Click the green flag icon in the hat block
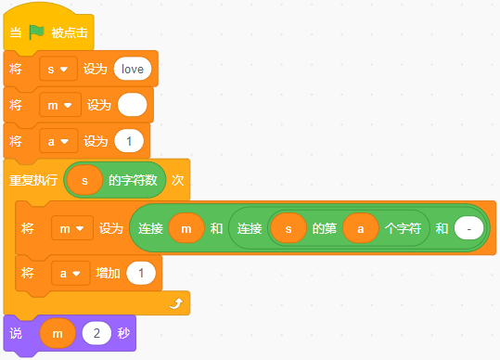(x=36, y=32)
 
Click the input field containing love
(x=133, y=69)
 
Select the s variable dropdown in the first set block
(x=58, y=69)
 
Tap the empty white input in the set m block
(x=133, y=105)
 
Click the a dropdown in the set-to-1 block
(x=58, y=141)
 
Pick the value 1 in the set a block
(x=129, y=141)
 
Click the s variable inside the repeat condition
(x=84, y=181)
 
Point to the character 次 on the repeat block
(x=177, y=181)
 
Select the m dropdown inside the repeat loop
(x=72, y=228)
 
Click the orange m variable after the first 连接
(x=186, y=228)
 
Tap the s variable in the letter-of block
(x=288, y=228)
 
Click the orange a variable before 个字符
(x=361, y=228)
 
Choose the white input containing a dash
(x=468, y=228)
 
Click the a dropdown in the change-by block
(x=71, y=274)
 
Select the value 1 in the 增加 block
(x=141, y=274)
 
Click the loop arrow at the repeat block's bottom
(x=176, y=303)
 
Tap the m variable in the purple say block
(x=58, y=333)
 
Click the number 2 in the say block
(x=96, y=333)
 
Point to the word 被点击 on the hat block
(x=70, y=32)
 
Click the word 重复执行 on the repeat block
(x=33, y=181)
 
